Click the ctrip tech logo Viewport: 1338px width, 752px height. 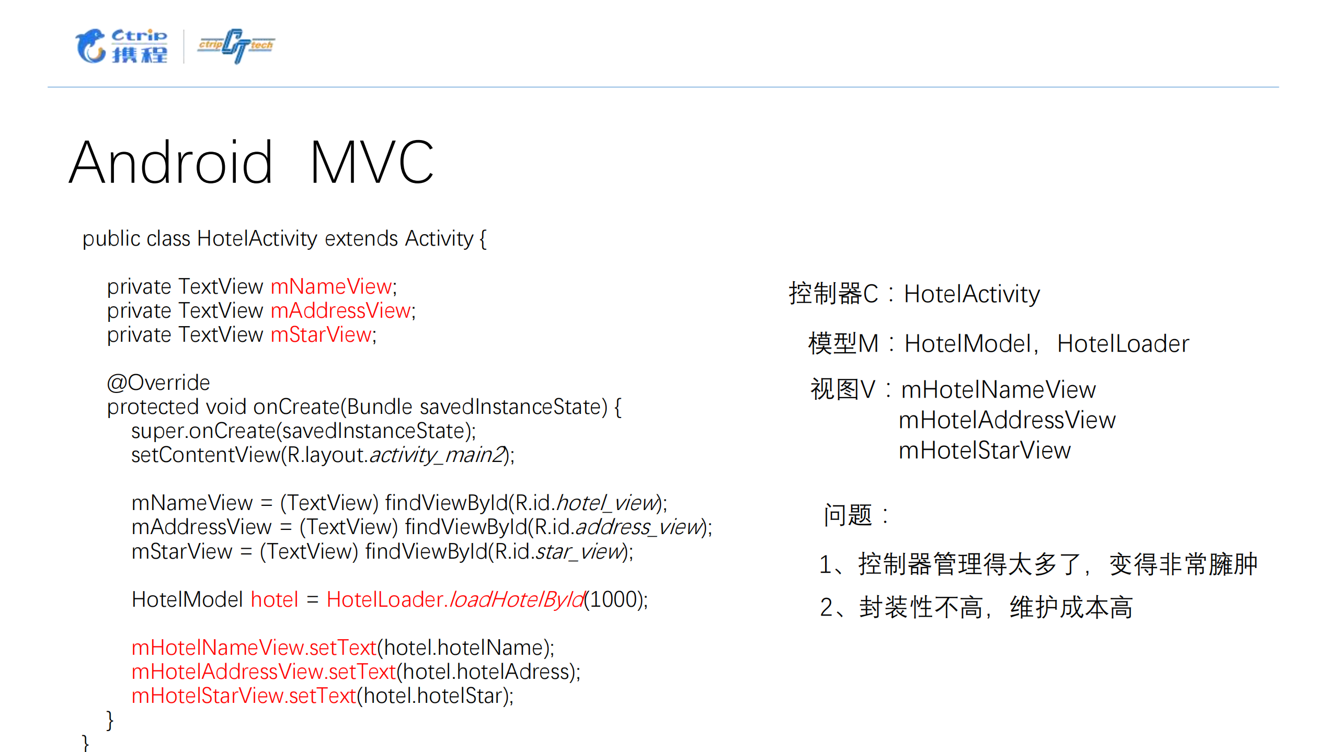pos(236,46)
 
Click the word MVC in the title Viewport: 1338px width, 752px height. pos(372,163)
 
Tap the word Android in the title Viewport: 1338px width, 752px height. pos(171,163)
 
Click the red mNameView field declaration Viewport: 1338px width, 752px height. pos(331,287)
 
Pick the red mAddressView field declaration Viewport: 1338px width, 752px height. pos(341,311)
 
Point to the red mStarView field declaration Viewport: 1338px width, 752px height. pos(321,335)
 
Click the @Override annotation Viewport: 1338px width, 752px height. pos(158,383)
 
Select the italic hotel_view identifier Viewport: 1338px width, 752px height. pos(607,503)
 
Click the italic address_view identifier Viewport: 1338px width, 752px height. pos(638,527)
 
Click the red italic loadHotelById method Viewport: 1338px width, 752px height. pos(517,600)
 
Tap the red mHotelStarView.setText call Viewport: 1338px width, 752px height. pos(244,696)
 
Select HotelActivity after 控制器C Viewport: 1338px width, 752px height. pos(971,294)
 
